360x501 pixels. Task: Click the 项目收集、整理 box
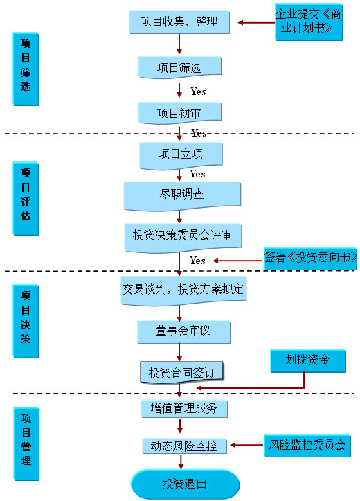point(179,22)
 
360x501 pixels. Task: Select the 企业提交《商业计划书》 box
point(309,22)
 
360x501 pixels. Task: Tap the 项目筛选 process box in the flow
point(180,67)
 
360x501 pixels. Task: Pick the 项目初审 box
point(180,113)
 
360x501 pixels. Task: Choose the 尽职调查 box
point(182,196)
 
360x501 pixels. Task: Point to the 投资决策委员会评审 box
point(183,238)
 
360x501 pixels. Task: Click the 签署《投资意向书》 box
point(310,258)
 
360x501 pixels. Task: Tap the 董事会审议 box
point(184,332)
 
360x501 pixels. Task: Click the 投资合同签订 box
point(182,372)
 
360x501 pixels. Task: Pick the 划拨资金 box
point(308,361)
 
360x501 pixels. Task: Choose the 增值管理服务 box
point(184,408)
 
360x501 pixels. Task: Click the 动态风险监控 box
point(184,446)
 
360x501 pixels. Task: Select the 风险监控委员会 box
point(307,446)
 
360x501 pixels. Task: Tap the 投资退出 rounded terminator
point(185,484)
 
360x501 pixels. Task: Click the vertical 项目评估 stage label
point(26,198)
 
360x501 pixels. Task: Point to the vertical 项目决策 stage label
point(26,321)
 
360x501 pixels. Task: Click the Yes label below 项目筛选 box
point(198,91)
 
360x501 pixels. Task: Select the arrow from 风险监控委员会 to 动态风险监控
point(246,445)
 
